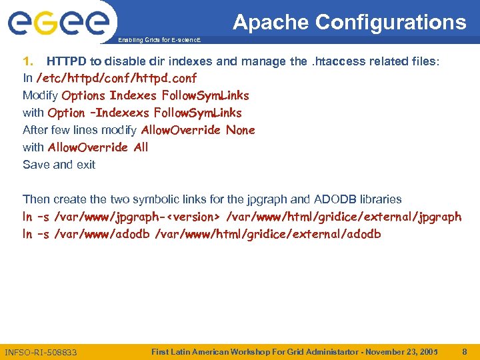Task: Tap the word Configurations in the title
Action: tap(391, 22)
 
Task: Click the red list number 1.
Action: tap(28, 61)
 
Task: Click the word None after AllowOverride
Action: tap(240, 130)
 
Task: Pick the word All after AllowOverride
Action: tap(141, 147)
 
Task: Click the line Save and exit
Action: tap(59, 165)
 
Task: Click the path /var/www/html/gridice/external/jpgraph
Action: tap(344, 217)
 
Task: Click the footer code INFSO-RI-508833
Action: tap(41, 351)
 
